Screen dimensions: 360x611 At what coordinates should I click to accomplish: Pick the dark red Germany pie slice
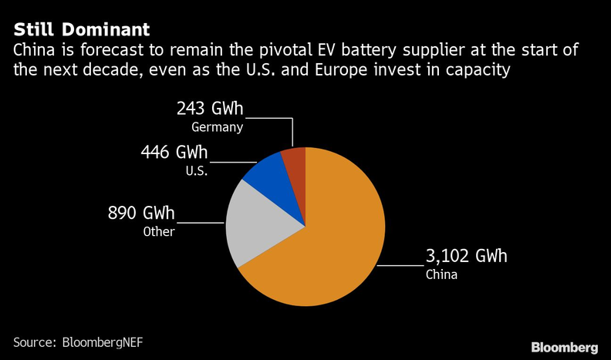(295, 160)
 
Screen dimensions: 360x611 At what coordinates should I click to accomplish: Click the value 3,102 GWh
(468, 257)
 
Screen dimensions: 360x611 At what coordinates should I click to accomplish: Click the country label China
(441, 274)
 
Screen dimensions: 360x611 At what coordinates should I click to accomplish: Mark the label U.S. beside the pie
(194, 170)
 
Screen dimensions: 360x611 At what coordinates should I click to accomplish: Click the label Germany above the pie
(218, 127)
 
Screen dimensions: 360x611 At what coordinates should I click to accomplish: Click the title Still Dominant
(81, 30)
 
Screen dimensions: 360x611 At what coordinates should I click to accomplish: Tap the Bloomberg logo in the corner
(564, 346)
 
